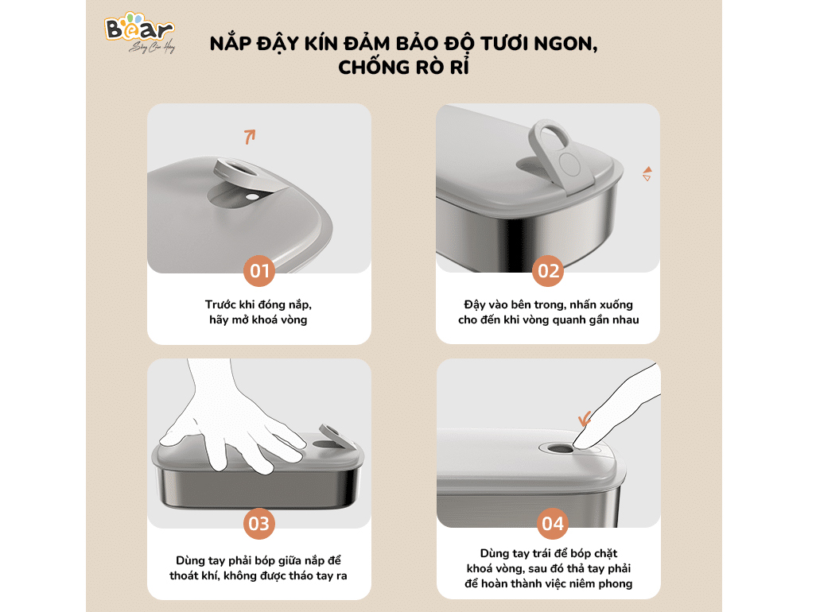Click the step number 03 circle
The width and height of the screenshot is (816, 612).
(259, 524)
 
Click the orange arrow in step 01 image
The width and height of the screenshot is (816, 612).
(250, 136)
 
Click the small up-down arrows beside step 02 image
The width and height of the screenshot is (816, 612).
(647, 174)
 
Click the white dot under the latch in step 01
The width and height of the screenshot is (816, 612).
(251, 196)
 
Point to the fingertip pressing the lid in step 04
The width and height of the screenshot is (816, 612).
(585, 446)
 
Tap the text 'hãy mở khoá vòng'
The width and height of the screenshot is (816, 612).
(258, 320)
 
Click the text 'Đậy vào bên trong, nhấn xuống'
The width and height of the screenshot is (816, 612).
(549, 304)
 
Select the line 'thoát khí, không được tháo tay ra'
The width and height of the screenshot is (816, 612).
(258, 575)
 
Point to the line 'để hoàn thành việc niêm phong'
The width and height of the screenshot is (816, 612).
(549, 583)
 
